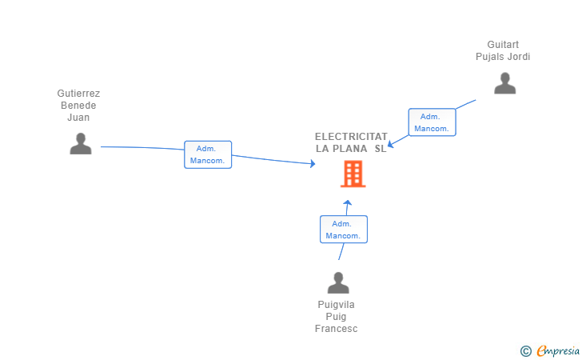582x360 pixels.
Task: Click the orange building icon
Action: (353, 174)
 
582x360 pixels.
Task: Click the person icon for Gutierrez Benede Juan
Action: (80, 143)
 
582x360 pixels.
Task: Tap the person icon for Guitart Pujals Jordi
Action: (504, 83)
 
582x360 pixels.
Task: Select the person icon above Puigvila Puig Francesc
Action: (338, 283)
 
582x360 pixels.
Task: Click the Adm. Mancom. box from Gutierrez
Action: (208, 154)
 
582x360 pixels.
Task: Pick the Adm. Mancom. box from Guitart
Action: (432, 122)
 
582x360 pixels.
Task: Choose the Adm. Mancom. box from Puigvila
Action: (343, 230)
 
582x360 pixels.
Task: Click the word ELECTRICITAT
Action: (351, 137)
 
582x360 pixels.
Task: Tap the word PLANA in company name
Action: (350, 149)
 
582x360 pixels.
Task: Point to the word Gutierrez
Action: (78, 94)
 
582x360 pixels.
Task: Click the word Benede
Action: (78, 106)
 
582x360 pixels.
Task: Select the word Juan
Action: (78, 118)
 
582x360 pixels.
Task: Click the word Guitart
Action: (503, 45)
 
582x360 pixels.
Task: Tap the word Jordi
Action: (517, 57)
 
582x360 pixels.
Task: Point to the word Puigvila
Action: (336, 305)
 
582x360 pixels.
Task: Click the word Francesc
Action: (336, 329)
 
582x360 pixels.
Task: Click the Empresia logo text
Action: (558, 350)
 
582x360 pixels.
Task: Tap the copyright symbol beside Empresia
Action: (525, 350)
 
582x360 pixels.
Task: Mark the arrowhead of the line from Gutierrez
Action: (313, 164)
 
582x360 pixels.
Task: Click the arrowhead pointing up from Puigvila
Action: (347, 202)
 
